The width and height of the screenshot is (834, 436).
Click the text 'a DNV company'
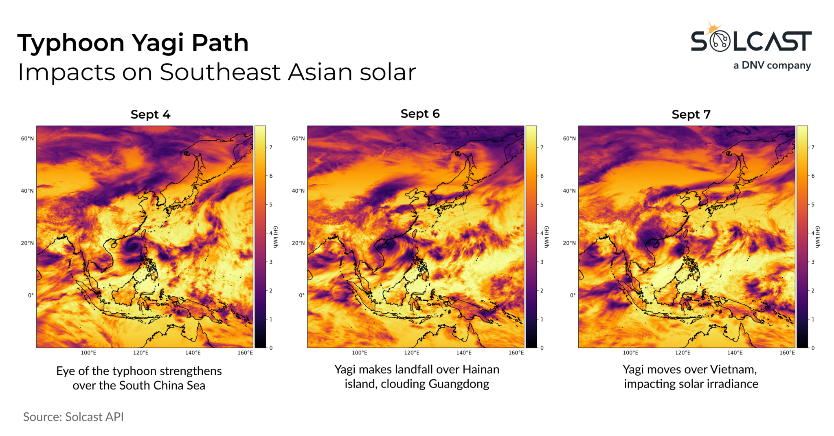[x=772, y=66]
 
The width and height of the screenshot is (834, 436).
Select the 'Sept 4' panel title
[x=150, y=115]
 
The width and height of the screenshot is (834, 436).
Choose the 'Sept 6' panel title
[x=420, y=114]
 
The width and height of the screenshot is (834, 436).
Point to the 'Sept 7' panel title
[x=691, y=115]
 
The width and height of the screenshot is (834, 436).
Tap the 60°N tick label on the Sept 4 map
[x=27, y=139]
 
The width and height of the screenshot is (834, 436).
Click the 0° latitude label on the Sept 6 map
[x=301, y=295]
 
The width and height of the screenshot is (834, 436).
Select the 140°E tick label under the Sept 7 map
[x=735, y=352]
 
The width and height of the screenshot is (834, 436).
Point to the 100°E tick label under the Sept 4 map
[x=88, y=352]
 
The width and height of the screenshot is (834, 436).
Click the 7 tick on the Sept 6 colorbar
[x=542, y=147]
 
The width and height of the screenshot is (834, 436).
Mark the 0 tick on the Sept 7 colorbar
[x=813, y=348]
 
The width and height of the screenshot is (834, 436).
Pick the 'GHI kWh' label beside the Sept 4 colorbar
[x=275, y=237]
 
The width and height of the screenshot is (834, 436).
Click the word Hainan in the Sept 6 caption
[x=481, y=370]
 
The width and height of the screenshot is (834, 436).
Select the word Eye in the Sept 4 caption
[x=65, y=371]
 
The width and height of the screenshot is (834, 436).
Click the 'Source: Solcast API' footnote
[x=73, y=417]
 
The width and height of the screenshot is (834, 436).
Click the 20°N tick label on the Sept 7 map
[x=569, y=243]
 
